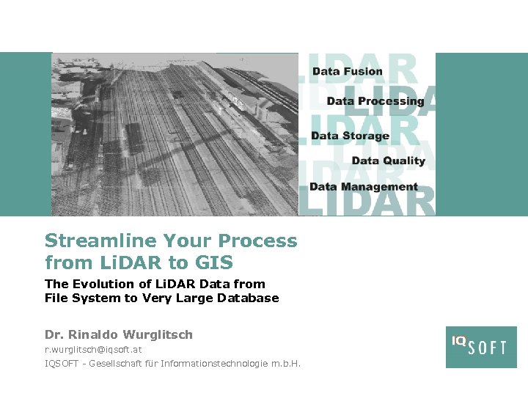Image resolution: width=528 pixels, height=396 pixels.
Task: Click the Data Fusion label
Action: point(347,71)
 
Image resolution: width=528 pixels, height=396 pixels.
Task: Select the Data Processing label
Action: point(375,101)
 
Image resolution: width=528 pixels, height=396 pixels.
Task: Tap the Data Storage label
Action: point(350,136)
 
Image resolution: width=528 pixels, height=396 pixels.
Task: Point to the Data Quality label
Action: point(388,161)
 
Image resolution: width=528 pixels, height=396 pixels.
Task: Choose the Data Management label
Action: point(363,187)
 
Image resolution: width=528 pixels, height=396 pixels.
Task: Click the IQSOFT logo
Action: point(480,347)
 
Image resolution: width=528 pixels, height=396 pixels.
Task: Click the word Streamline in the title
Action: point(100,241)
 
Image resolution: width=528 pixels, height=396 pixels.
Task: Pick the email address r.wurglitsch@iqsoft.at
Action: point(93,350)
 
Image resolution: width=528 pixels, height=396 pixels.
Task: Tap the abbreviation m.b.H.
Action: point(286,364)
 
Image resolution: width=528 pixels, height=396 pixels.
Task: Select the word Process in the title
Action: point(259,241)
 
